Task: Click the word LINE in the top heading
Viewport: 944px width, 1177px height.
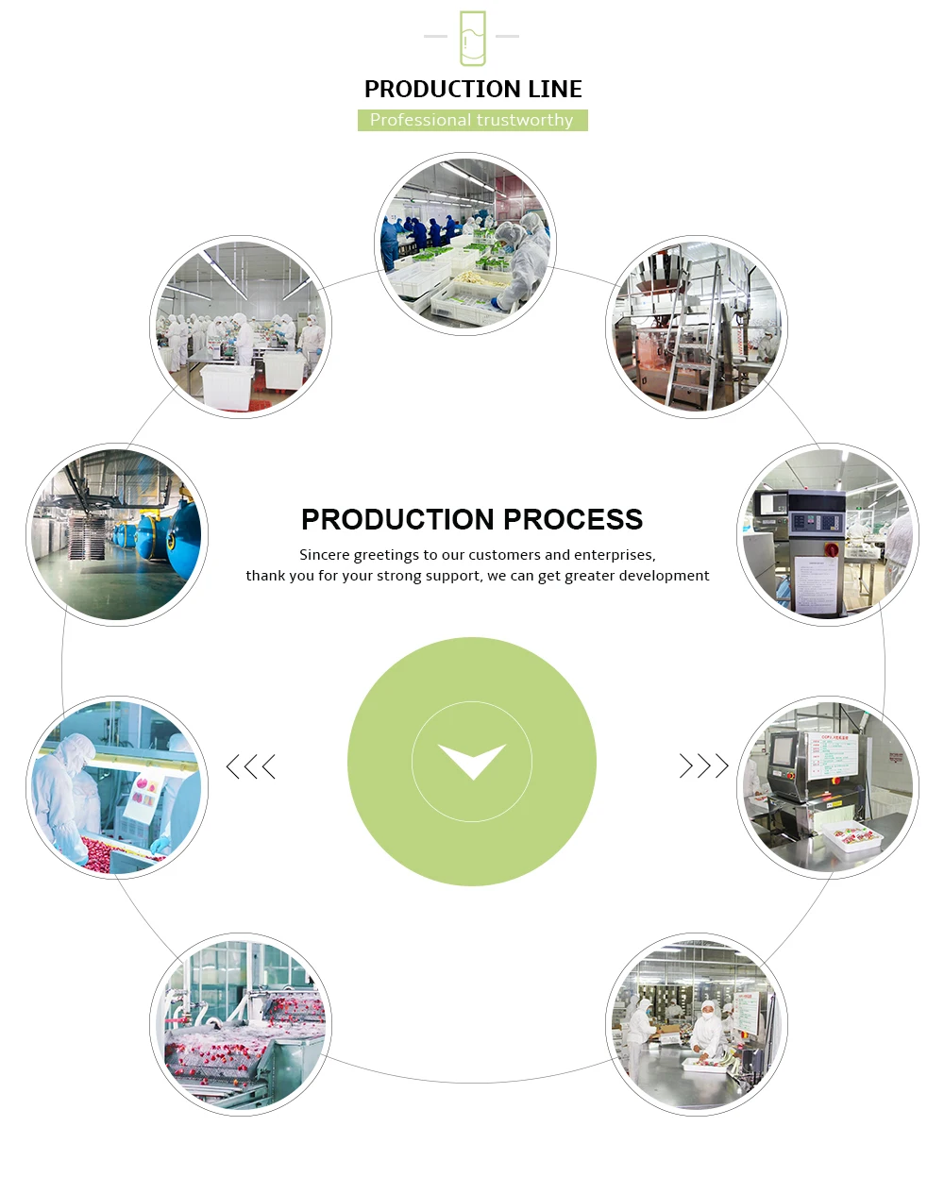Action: point(555,90)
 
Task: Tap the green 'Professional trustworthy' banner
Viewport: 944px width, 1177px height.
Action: point(472,120)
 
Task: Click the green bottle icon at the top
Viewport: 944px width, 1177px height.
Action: point(472,38)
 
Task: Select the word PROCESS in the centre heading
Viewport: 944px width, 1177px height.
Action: point(573,520)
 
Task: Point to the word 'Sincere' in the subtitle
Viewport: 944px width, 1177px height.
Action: point(325,555)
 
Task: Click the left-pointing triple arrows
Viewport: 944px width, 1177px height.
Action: point(251,766)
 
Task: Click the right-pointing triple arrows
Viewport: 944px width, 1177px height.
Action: point(704,765)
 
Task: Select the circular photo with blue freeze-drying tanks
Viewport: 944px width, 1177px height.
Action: point(117,534)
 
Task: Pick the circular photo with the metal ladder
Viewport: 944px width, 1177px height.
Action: point(696,327)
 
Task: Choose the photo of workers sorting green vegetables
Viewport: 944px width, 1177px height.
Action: point(465,244)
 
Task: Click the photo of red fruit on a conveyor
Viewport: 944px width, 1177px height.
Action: point(241,1024)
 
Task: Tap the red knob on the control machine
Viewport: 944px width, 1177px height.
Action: point(832,548)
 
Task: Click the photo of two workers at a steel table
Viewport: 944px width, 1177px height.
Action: point(696,1024)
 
